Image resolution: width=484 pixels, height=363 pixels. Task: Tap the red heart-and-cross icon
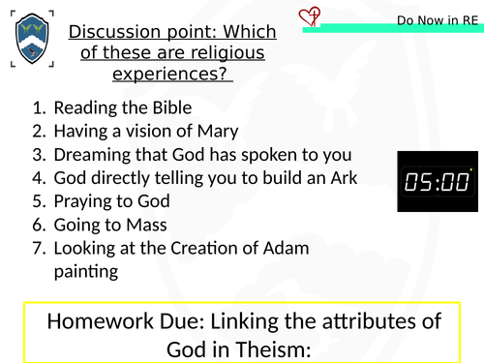(x=311, y=16)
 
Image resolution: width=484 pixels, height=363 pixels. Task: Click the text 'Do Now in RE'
(x=437, y=20)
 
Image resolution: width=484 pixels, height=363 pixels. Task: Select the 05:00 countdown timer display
(x=438, y=181)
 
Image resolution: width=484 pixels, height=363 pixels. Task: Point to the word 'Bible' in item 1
(x=170, y=107)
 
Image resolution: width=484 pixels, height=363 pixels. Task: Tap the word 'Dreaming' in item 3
(x=91, y=154)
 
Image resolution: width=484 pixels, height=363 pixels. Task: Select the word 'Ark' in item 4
(x=341, y=177)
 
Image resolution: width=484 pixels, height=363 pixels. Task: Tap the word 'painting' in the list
(x=85, y=271)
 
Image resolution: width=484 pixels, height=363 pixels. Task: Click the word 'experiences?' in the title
(x=173, y=74)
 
